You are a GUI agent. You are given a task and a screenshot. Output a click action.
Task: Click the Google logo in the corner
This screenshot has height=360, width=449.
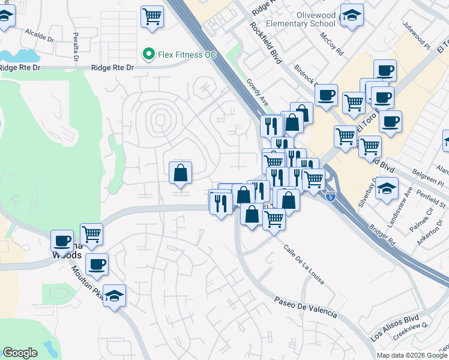coord(20,353)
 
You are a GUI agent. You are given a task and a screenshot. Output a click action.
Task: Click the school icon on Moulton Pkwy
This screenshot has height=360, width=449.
coord(114,295)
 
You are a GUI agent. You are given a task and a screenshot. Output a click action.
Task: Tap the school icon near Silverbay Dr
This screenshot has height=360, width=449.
coord(388,187)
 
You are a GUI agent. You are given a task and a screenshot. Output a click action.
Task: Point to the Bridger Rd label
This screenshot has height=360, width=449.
coord(384,234)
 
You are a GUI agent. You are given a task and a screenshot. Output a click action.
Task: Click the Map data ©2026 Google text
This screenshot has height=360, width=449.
coord(412,355)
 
